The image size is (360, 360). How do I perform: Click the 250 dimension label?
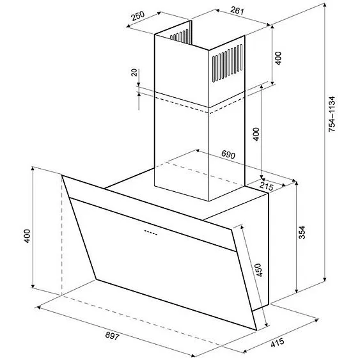[x=137, y=16]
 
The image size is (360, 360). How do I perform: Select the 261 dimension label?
[x=237, y=10]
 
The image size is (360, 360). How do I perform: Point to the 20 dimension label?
[x=134, y=72]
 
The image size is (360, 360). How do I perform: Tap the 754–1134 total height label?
[x=332, y=114]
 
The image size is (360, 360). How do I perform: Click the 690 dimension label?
[x=228, y=155]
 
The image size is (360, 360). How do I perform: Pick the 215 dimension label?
[x=267, y=186]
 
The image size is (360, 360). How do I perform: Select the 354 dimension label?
[x=302, y=232]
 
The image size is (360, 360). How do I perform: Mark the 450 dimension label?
[x=258, y=270]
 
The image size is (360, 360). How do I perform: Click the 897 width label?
[x=113, y=336]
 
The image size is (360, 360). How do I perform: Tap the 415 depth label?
[x=278, y=343]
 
